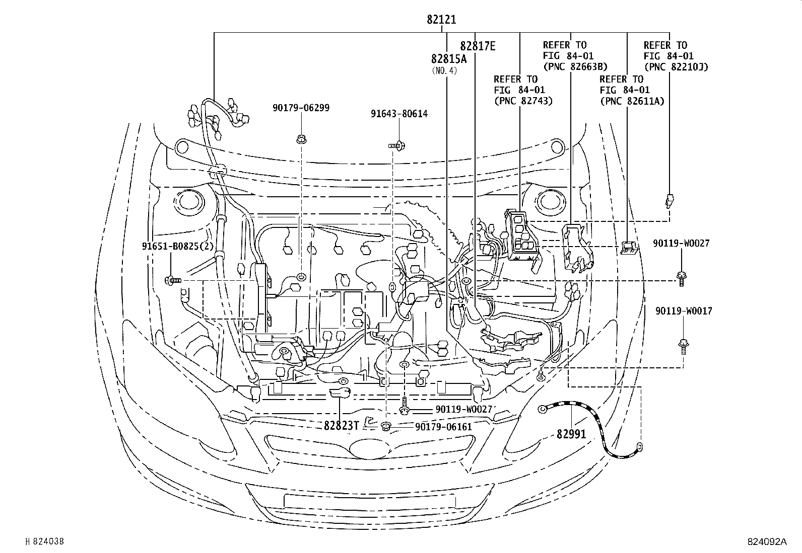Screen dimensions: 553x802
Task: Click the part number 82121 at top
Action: click(x=441, y=20)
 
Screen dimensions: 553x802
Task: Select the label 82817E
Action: click(x=478, y=46)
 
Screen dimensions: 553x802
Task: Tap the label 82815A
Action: click(x=449, y=58)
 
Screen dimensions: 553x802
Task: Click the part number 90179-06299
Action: click(x=301, y=108)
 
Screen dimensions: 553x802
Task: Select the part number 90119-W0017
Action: click(x=684, y=311)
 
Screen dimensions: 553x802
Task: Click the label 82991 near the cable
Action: click(x=572, y=433)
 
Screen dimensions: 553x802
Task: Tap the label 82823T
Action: click(x=341, y=425)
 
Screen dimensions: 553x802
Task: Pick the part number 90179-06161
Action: click(x=443, y=427)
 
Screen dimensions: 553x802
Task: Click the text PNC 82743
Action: click(x=523, y=101)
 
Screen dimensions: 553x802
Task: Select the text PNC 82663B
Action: click(x=575, y=66)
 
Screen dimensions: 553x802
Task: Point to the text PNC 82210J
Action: click(x=676, y=66)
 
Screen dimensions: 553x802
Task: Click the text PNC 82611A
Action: click(x=632, y=101)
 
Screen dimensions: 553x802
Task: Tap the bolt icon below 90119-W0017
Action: click(x=683, y=345)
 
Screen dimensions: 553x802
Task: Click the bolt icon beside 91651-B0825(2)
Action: click(x=172, y=280)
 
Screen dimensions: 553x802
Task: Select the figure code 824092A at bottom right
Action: click(x=766, y=542)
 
